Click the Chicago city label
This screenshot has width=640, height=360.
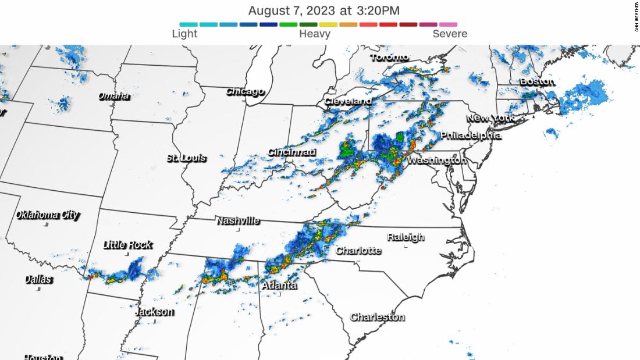point(245,91)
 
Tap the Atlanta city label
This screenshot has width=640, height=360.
point(279,286)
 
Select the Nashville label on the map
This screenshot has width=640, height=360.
point(237,221)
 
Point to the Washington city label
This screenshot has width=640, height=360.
point(436,160)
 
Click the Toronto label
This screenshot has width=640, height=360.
point(390,58)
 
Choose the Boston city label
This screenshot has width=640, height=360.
point(537,81)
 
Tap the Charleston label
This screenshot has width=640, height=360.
point(377,317)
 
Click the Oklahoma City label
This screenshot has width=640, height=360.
point(47,215)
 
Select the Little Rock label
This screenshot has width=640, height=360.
point(127,245)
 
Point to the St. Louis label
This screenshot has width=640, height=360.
point(186,158)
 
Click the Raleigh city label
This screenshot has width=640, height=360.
point(406,237)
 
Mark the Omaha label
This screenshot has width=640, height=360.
point(113,96)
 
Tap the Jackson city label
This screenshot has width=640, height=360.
point(154,312)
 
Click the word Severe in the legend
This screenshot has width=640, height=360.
point(450,34)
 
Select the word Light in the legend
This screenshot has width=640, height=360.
point(184,34)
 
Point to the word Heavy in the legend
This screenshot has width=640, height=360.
point(315,34)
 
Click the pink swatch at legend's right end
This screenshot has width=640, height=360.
point(448,24)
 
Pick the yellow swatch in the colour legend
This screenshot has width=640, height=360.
point(329,24)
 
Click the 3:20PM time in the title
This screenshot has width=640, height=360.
point(378,10)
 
